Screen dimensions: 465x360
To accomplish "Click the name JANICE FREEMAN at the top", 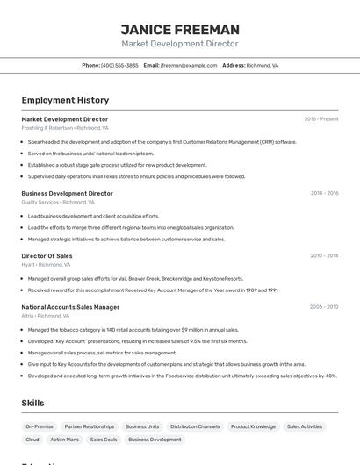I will (179, 29).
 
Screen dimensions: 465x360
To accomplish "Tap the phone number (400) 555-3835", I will (119, 65).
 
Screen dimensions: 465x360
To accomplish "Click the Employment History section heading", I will (65, 100).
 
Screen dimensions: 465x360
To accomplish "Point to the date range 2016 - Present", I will (321, 118).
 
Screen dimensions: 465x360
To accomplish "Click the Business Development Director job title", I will (67, 193).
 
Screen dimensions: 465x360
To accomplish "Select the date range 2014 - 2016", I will (324, 193).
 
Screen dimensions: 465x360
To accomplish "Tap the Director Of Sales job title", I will (47, 256).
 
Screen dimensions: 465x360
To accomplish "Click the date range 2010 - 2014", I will (324, 256).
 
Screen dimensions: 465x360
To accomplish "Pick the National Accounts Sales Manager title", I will (70, 307).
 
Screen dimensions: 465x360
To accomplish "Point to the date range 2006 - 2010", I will (324, 307).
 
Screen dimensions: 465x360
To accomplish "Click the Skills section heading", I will (33, 403).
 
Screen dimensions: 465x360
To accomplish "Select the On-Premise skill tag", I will (40, 426).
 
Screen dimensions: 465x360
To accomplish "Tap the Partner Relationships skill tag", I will (90, 426).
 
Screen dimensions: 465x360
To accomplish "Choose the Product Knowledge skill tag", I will (253, 426).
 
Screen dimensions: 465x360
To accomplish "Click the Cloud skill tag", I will (32, 440).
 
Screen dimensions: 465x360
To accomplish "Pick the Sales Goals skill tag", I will (104, 440).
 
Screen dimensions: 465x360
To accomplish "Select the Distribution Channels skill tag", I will (195, 426).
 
